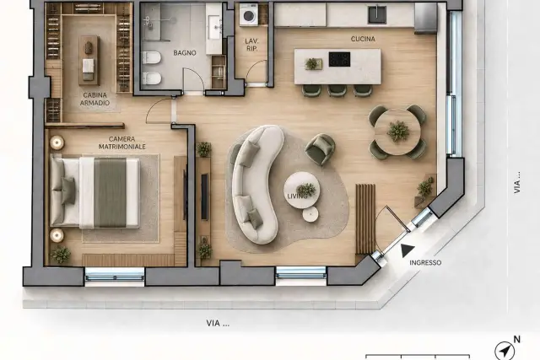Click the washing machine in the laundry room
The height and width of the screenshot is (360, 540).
pyautogui.click(x=248, y=14)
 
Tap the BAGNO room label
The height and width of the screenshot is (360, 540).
pyautogui.click(x=185, y=53)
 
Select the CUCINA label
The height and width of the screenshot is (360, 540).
pyautogui.click(x=363, y=40)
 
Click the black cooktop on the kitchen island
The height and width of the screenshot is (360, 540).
pyautogui.click(x=339, y=59)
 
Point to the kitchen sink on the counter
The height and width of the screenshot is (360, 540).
pyautogui.click(x=377, y=14)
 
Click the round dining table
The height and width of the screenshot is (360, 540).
pyautogui.click(x=397, y=132)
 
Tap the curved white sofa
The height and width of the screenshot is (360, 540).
pyautogui.click(x=256, y=184)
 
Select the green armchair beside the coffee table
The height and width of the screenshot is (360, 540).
pyautogui.click(x=320, y=148)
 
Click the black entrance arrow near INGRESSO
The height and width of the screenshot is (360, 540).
pyautogui.click(x=407, y=250)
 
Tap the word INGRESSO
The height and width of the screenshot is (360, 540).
pyautogui.click(x=425, y=262)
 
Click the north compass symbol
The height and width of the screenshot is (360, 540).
pyautogui.click(x=505, y=351)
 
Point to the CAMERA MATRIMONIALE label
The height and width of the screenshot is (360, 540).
pyautogui.click(x=122, y=142)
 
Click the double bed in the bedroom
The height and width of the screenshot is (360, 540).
pyautogui.click(x=95, y=192)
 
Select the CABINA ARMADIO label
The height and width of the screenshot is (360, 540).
pyautogui.click(x=95, y=99)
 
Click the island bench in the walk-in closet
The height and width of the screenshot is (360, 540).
pyautogui.click(x=89, y=60)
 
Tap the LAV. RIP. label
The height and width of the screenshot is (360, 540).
pyautogui.click(x=251, y=45)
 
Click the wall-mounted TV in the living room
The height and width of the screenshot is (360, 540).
pyautogui.click(x=204, y=197)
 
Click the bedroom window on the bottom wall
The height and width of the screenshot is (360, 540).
pyautogui.click(x=115, y=274)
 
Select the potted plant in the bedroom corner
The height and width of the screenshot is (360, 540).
pyautogui.click(x=61, y=255)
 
